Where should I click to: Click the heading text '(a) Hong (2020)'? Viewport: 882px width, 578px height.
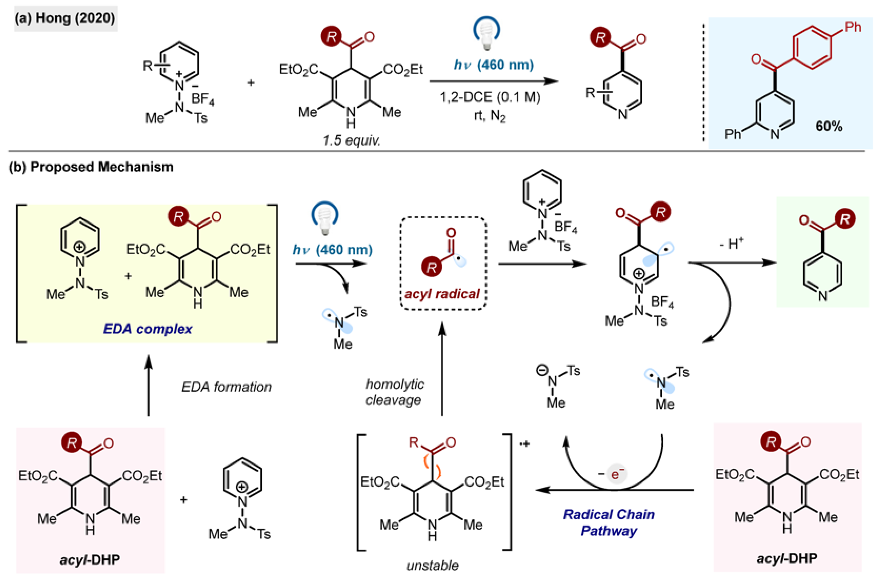click(65, 18)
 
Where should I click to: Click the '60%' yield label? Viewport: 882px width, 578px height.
click(829, 126)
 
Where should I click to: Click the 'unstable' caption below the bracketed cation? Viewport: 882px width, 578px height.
click(433, 565)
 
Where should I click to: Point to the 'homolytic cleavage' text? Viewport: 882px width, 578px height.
click(394, 392)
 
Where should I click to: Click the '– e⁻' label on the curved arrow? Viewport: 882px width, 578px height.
click(612, 474)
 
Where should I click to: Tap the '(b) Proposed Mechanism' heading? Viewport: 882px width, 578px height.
click(91, 167)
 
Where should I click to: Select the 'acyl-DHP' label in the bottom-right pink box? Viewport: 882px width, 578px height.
click(787, 558)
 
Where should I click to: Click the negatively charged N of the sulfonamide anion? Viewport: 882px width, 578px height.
click(552, 381)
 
